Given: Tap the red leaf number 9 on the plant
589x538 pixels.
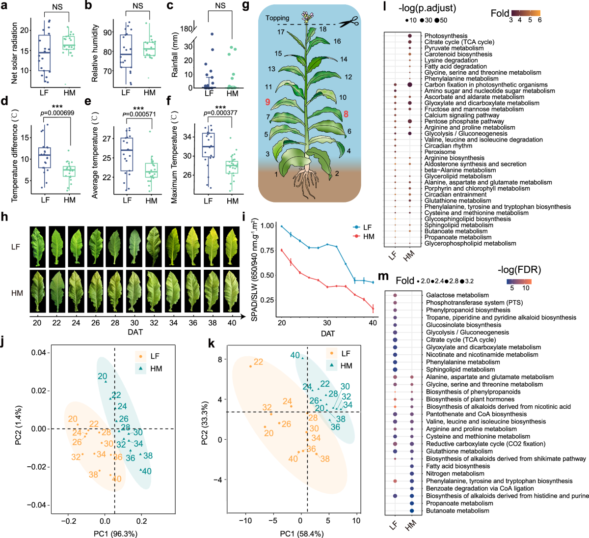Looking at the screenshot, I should tap(268, 102).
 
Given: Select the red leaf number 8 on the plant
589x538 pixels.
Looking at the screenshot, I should tap(346, 114).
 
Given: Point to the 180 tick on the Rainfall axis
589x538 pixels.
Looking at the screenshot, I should tap(186, 29).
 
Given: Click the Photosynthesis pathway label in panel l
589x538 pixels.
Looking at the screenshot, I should tap(446, 36).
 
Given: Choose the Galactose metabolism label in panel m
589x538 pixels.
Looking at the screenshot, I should tap(457, 295).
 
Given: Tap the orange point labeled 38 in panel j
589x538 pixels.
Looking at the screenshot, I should tap(94, 475).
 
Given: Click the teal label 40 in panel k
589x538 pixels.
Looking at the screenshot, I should tap(294, 356).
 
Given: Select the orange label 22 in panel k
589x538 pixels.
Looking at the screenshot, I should tap(258, 362).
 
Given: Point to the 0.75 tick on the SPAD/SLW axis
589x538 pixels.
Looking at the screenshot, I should tap(267, 250).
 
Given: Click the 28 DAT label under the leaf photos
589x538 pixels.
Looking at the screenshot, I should tap(115, 323).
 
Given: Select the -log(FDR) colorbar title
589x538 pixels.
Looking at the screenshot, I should tap(519, 269).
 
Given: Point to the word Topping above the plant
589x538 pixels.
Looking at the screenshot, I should tap(277, 18).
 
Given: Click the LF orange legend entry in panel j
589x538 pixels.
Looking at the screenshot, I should tap(149, 356).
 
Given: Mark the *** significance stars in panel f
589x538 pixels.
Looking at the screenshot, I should tap(220, 108).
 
